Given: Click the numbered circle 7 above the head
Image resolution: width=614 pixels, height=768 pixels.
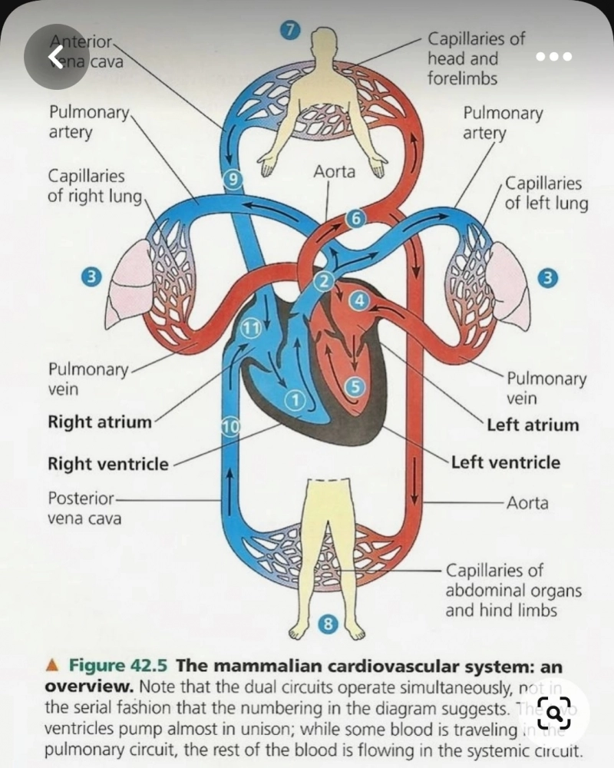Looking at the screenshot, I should click(x=289, y=31).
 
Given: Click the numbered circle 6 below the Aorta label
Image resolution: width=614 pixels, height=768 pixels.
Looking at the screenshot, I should click(x=354, y=218).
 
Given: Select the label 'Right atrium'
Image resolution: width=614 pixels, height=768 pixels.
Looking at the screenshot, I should click(x=100, y=422).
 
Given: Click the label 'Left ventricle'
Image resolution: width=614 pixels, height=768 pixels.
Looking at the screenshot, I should click(x=506, y=463).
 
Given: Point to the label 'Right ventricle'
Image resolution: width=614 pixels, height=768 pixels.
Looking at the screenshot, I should click(x=107, y=464).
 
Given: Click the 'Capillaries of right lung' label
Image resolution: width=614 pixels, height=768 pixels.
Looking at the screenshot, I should click(x=94, y=186).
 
